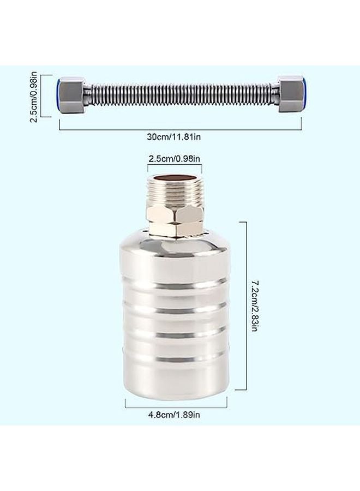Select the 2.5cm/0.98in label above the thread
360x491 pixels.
click(x=175, y=159)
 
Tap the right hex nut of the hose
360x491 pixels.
click(x=290, y=94)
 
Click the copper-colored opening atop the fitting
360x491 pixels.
click(x=174, y=178)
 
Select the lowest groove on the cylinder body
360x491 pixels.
click(x=175, y=360)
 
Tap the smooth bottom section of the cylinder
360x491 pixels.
click(x=175, y=382)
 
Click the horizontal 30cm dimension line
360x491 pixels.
click(x=180, y=129)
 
